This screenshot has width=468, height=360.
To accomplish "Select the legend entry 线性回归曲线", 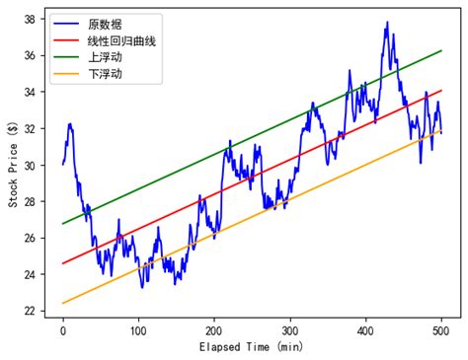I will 122,39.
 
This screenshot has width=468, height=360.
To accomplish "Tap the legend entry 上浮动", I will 109,57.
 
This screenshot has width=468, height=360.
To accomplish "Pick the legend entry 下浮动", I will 109,75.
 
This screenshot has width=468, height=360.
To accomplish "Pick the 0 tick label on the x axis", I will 63,330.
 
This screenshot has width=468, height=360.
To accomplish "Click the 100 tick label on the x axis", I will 138,330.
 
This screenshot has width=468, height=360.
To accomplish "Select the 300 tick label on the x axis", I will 290,330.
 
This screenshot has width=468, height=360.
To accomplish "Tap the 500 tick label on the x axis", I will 441,330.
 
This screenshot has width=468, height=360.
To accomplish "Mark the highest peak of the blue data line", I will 387,22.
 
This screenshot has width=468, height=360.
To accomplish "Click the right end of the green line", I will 441,50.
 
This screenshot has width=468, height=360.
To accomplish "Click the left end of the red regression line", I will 63,263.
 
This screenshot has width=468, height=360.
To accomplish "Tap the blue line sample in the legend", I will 70,22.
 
